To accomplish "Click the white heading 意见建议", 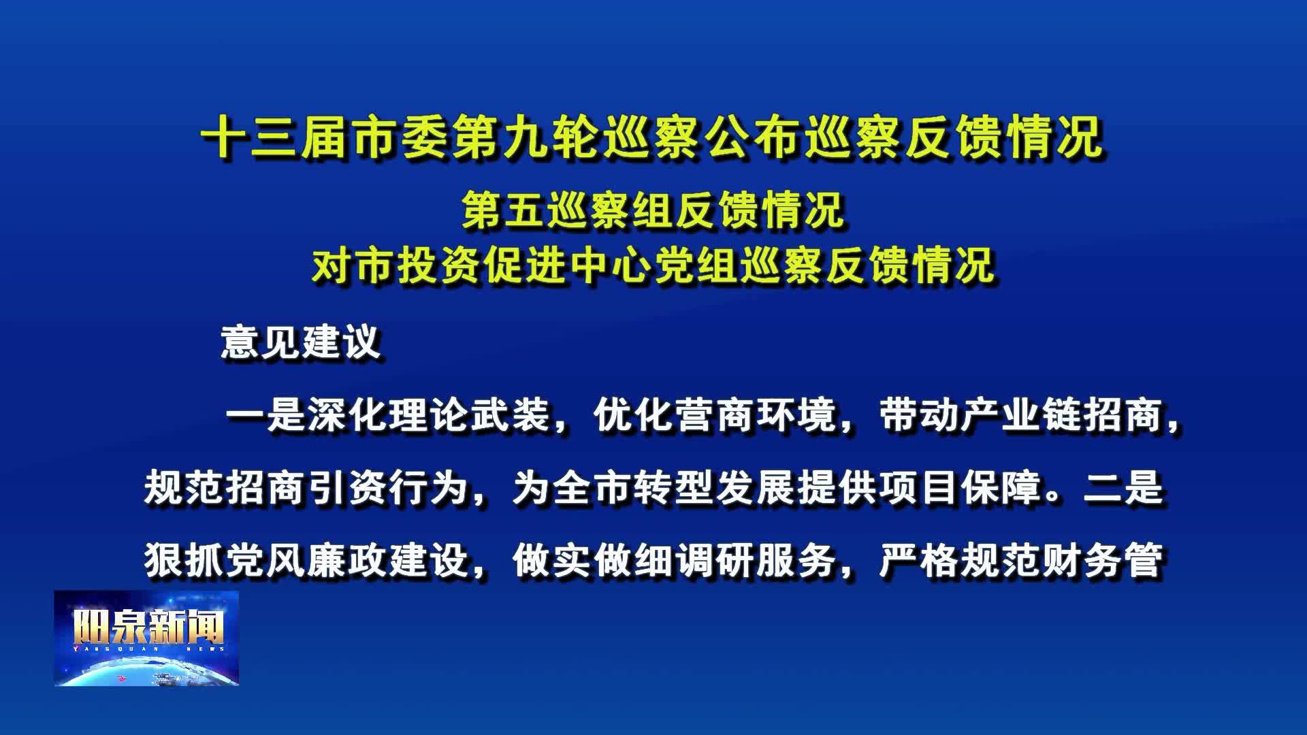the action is (x=300, y=341).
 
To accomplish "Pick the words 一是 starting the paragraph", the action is (x=266, y=414).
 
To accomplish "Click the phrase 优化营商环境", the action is (x=715, y=414).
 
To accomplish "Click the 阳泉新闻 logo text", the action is (x=148, y=625).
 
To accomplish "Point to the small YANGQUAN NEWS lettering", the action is (x=148, y=649).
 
